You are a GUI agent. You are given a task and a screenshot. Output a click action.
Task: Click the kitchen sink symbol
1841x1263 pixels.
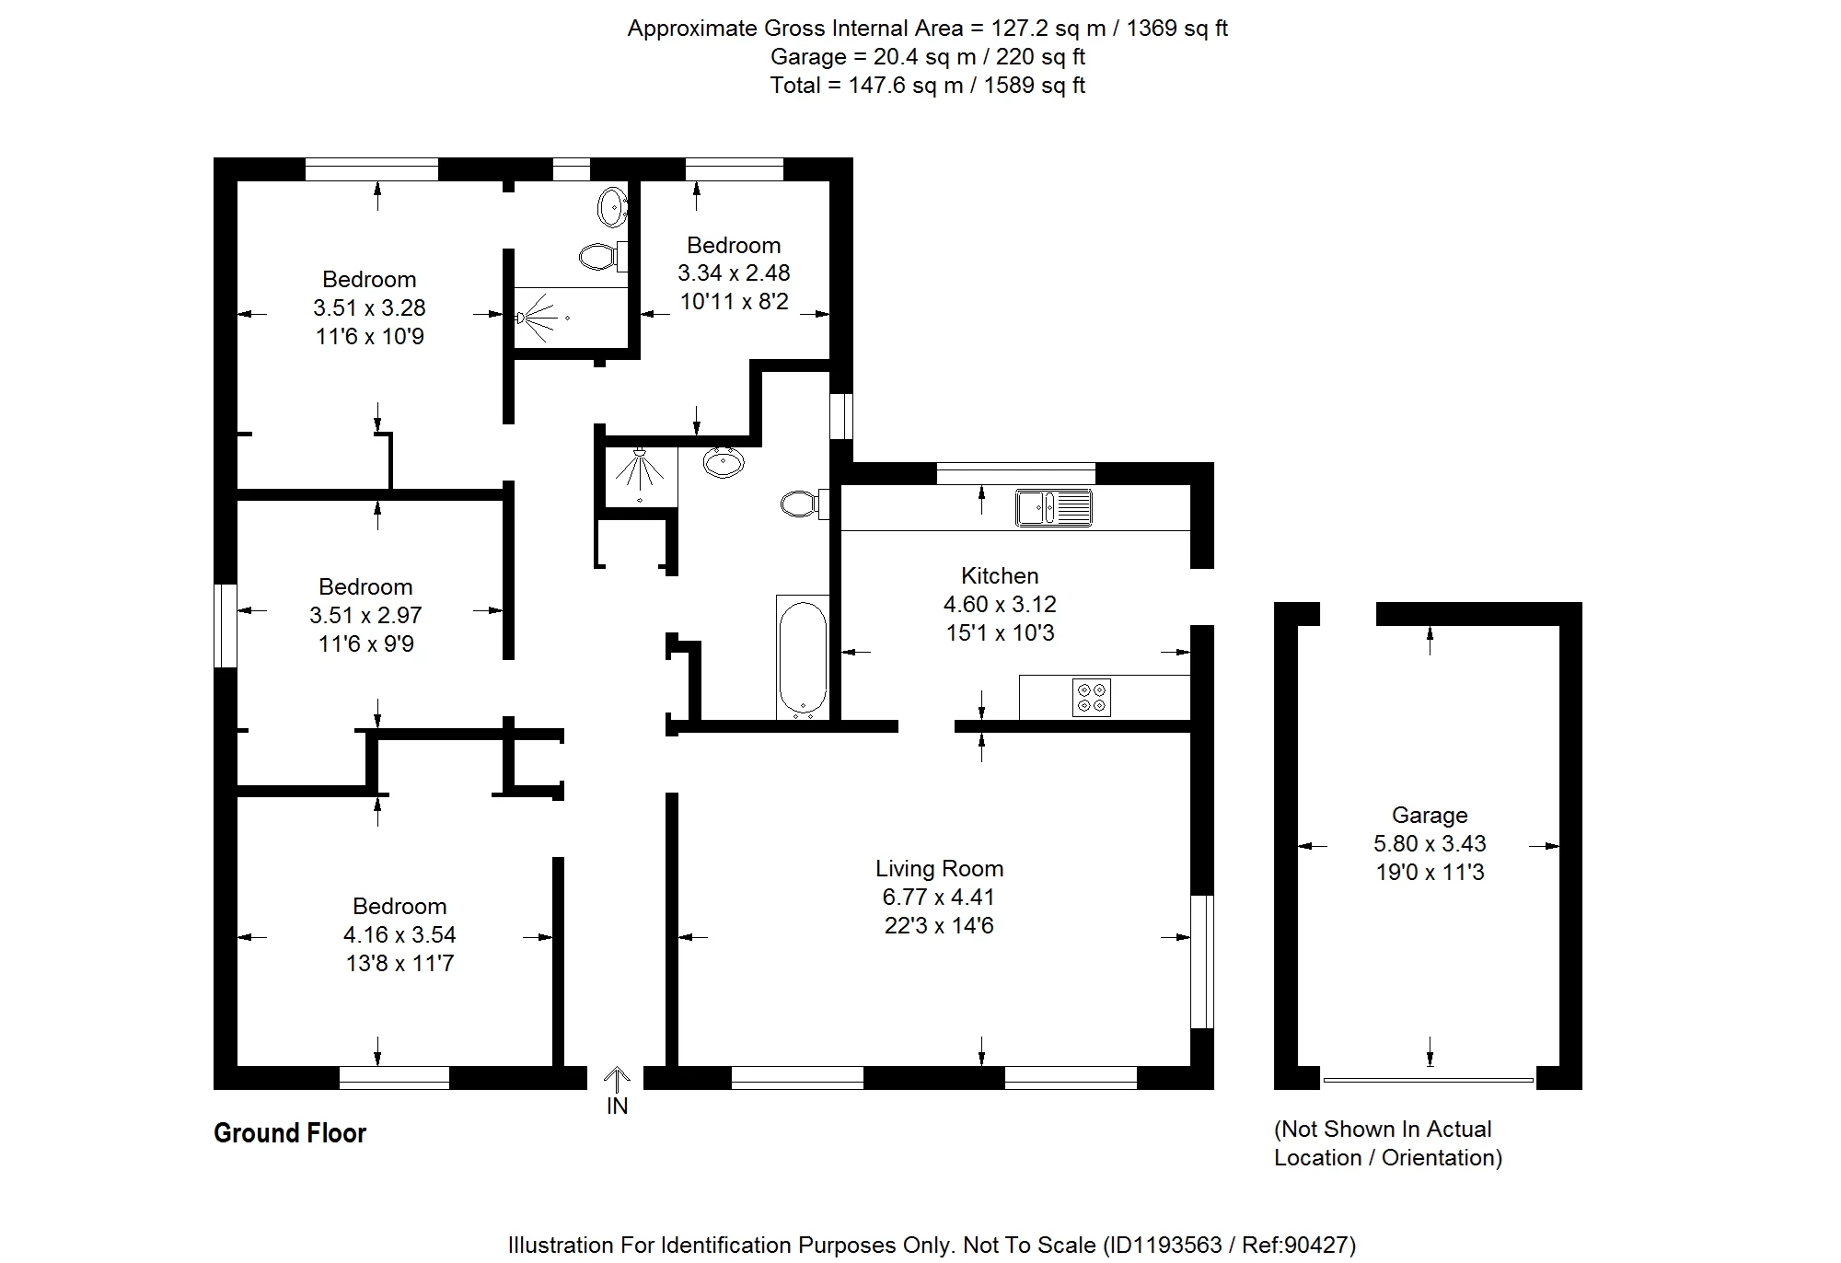click(x=1054, y=508)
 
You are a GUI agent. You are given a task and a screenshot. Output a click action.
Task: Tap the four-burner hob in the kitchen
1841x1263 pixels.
click(x=1092, y=697)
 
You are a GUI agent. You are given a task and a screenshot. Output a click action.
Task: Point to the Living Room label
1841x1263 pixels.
click(x=939, y=868)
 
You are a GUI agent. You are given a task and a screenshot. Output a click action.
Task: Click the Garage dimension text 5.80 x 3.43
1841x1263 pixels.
click(x=1430, y=843)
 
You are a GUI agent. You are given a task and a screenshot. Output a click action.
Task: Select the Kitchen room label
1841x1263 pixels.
click(x=1000, y=575)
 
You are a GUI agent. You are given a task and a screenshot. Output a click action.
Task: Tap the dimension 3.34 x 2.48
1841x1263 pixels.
click(x=734, y=272)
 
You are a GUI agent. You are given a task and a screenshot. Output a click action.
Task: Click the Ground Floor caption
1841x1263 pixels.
click(x=290, y=1132)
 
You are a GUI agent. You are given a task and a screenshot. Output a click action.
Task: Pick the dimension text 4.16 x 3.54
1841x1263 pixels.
click(x=399, y=934)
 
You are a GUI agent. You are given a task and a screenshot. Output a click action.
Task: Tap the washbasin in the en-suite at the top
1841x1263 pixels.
click(x=612, y=207)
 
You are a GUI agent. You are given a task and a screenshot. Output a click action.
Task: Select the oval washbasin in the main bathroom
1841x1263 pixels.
click(x=724, y=462)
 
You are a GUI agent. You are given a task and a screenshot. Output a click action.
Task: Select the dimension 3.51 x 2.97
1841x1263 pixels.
click(x=366, y=615)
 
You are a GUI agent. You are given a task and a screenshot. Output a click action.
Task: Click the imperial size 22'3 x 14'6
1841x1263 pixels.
click(x=939, y=925)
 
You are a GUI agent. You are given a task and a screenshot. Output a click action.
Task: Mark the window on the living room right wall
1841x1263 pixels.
click(x=1202, y=961)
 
